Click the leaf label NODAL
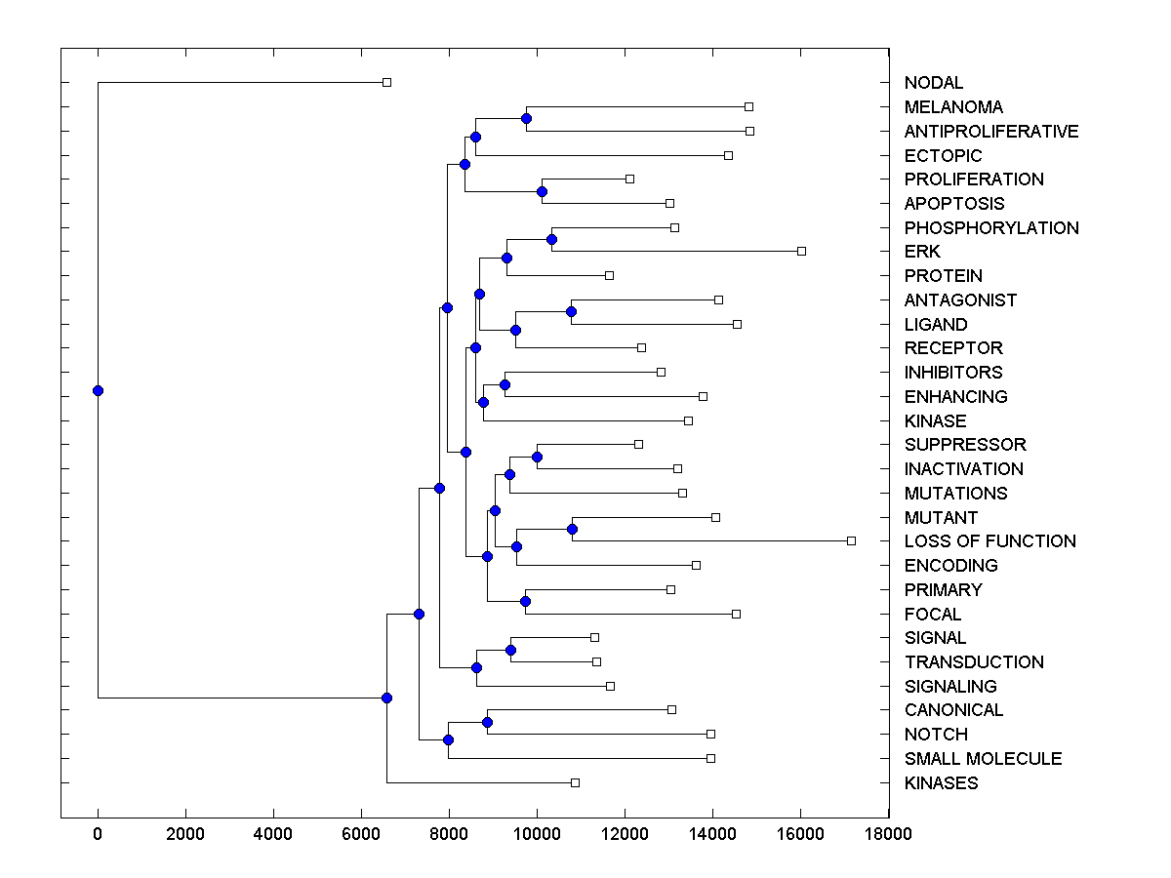tap(933, 83)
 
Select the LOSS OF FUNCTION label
tap(989, 541)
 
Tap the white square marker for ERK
tap(801, 251)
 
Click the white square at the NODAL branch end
tap(386, 82)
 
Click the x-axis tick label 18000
tap(888, 833)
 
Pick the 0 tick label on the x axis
tap(98, 833)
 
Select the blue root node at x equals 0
tap(98, 390)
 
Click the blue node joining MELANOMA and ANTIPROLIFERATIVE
tap(526, 118)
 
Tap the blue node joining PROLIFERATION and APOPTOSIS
tap(542, 191)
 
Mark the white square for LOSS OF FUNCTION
tap(851, 540)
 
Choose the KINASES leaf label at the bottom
tap(941, 783)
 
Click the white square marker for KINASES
tap(575, 782)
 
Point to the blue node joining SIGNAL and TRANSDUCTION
tap(510, 650)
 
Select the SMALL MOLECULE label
tap(983, 759)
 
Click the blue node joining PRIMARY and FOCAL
tap(525, 601)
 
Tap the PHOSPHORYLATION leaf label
tap(991, 228)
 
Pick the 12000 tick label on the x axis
tap(625, 833)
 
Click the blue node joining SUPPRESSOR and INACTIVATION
tap(537, 457)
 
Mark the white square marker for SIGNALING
tap(610, 686)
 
